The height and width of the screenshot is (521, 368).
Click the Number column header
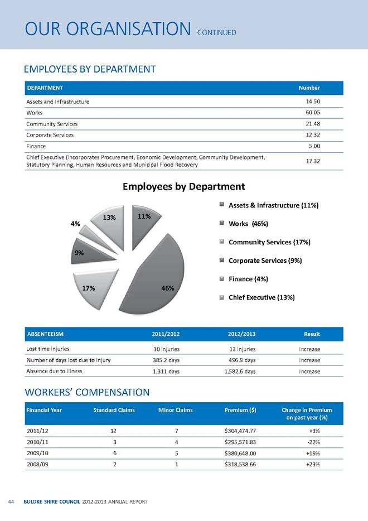pyautogui.click(x=309, y=88)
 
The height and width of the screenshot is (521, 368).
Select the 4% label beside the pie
pyautogui.click(x=75, y=224)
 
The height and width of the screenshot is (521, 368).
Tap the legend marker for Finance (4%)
pyautogui.click(x=222, y=279)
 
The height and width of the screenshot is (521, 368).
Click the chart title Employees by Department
pyautogui.click(x=184, y=186)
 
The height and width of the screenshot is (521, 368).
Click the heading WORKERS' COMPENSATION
pyautogui.click(x=86, y=392)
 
